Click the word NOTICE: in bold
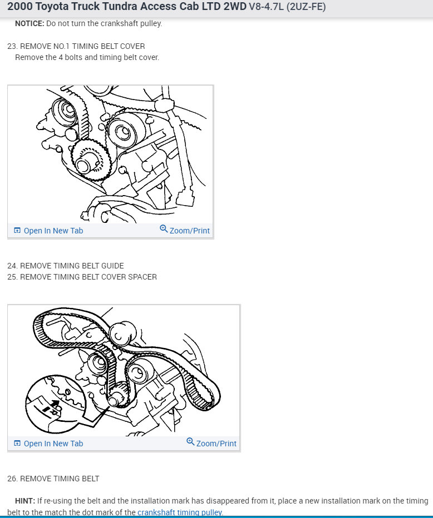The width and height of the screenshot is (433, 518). [x=29, y=24]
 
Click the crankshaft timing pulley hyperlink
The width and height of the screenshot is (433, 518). [x=180, y=512]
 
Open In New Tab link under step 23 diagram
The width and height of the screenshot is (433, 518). [x=53, y=231]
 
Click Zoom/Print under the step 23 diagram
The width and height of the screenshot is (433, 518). [x=190, y=231]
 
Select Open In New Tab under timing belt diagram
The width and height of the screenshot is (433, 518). [x=53, y=444]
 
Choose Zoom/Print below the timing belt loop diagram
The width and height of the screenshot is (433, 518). [x=216, y=444]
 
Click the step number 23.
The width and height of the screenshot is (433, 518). [x=12, y=46]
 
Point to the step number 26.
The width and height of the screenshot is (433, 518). [x=12, y=479]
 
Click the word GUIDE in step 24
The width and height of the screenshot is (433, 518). [x=112, y=266]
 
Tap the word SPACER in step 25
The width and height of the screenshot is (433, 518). [x=142, y=277]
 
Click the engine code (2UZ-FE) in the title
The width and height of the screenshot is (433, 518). [x=306, y=7]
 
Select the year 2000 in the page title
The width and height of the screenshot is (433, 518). [x=20, y=7]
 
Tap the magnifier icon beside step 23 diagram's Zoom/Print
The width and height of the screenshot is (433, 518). [x=164, y=229]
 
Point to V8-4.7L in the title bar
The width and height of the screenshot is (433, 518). [x=264, y=7]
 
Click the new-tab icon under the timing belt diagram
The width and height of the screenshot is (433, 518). [x=17, y=444]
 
